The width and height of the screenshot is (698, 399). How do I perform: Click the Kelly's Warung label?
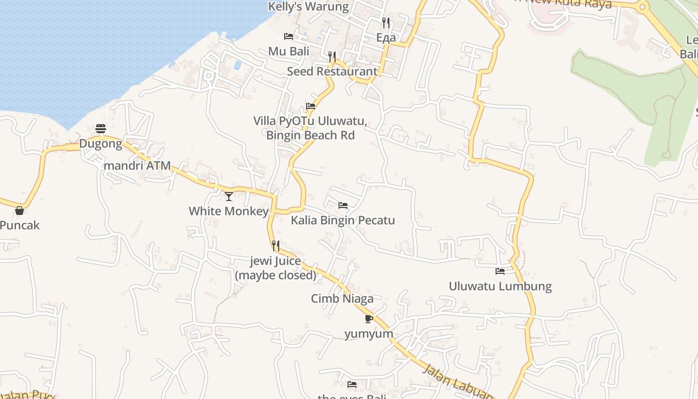(309, 6)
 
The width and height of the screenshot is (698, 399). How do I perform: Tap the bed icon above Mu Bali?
(288, 36)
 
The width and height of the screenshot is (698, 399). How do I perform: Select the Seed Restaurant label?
(332, 71)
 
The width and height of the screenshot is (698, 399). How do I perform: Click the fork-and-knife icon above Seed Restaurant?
(332, 56)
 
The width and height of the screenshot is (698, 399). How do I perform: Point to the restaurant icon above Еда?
(386, 22)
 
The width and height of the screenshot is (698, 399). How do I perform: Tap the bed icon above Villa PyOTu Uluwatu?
(311, 106)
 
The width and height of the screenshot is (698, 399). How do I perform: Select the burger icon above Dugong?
(101, 129)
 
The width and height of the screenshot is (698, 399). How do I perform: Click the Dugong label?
(101, 144)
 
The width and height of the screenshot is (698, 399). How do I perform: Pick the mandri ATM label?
(137, 166)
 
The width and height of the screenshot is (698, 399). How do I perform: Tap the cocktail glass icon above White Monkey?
(229, 196)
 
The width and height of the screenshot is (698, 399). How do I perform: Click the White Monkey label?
(229, 211)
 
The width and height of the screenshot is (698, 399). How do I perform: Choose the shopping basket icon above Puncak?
(19, 210)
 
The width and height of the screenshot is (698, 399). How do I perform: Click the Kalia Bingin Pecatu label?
(343, 220)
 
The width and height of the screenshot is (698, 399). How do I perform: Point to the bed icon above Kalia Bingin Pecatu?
(343, 205)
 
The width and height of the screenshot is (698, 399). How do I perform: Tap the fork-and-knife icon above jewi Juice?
(275, 245)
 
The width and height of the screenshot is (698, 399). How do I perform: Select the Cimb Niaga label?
(342, 299)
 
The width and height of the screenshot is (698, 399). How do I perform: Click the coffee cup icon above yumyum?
(368, 319)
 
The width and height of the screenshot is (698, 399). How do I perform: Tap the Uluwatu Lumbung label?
(500, 286)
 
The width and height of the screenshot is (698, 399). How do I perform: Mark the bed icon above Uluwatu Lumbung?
(500, 271)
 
